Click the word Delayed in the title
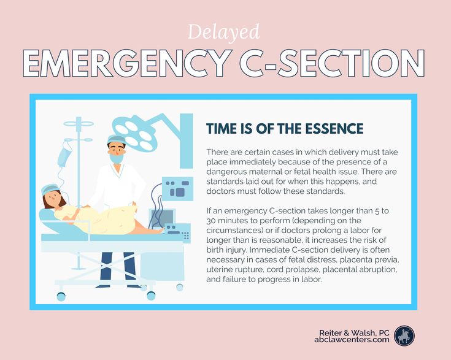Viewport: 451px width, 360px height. (x=224, y=33)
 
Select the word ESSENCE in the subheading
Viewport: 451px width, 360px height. (x=334, y=128)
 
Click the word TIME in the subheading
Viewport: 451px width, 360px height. (x=220, y=128)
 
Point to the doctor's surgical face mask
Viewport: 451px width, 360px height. (x=117, y=158)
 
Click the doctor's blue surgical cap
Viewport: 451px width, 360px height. (x=117, y=139)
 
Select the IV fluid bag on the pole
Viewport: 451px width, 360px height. (x=64, y=157)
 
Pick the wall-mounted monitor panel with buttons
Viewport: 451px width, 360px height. (x=177, y=188)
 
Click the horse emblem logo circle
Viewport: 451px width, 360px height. (x=404, y=335)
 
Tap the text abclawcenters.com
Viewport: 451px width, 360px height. (x=352, y=340)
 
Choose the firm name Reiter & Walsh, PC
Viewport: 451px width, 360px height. (x=354, y=332)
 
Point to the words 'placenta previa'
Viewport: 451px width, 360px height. (x=369, y=260)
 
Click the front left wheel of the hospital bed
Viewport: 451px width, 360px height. (x=61, y=296)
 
